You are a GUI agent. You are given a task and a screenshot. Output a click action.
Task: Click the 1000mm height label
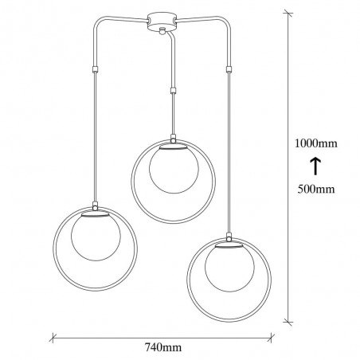click(x=315, y=144)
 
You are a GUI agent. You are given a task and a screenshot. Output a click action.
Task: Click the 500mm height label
click(x=315, y=190)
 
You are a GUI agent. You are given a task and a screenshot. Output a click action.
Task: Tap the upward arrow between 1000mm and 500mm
click(x=315, y=166)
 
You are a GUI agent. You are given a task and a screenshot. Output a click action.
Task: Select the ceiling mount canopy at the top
click(x=162, y=20)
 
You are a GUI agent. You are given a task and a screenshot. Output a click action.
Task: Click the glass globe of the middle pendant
click(x=171, y=169)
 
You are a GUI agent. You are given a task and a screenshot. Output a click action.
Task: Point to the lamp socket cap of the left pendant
click(x=94, y=215)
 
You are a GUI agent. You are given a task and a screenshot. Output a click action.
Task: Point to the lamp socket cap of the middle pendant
click(x=171, y=146)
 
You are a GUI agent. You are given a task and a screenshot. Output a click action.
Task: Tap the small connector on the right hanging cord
click(x=229, y=69)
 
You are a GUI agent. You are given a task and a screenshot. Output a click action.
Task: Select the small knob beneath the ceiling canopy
click(x=162, y=31)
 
